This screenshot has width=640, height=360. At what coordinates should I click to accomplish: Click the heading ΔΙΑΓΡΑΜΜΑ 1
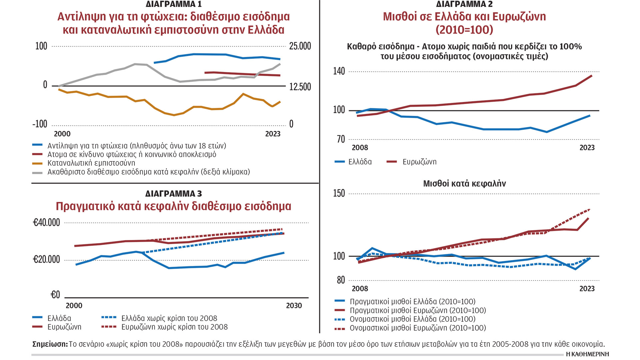pyautogui.click(x=174, y=4)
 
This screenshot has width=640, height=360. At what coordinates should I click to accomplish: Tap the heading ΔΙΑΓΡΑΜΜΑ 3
pyautogui.click(x=174, y=194)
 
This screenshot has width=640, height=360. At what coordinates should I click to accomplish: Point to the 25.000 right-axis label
pyautogui.click(x=300, y=46)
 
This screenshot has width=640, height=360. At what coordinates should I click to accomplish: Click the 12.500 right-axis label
pyautogui.click(x=300, y=87)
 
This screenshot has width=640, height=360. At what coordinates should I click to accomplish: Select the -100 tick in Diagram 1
pyautogui.click(x=40, y=124)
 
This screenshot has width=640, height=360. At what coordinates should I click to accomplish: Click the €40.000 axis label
pyautogui.click(x=46, y=222)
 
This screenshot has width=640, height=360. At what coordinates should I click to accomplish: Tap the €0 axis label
pyautogui.click(x=55, y=295)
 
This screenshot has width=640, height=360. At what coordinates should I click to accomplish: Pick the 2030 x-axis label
pyautogui.click(x=294, y=306)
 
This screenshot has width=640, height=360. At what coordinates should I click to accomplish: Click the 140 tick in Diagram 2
pyautogui.click(x=339, y=71)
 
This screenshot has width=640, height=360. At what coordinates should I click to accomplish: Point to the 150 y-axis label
pyautogui.click(x=339, y=193)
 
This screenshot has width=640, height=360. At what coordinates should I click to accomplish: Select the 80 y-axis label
pyautogui.click(x=341, y=280)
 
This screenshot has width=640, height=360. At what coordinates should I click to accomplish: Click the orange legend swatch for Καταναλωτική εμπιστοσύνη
pyautogui.click(x=37, y=163)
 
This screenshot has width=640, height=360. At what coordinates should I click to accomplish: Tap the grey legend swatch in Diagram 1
pyautogui.click(x=37, y=172)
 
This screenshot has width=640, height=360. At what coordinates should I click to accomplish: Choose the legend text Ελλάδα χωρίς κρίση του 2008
pyautogui.click(x=169, y=318)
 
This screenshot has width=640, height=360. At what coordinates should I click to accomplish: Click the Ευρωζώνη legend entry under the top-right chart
pyautogui.click(x=419, y=162)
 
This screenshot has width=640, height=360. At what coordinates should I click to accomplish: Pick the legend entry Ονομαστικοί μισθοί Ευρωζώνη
pyautogui.click(x=418, y=328)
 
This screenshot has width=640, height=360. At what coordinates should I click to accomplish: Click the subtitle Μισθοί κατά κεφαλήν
pyautogui.click(x=464, y=184)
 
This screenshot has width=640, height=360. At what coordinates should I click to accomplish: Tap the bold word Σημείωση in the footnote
pyautogui.click(x=50, y=344)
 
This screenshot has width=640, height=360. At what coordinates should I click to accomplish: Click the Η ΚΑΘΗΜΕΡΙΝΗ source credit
pyautogui.click(x=587, y=354)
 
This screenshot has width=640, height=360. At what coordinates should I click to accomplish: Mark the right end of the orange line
pyautogui.click(x=280, y=102)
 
